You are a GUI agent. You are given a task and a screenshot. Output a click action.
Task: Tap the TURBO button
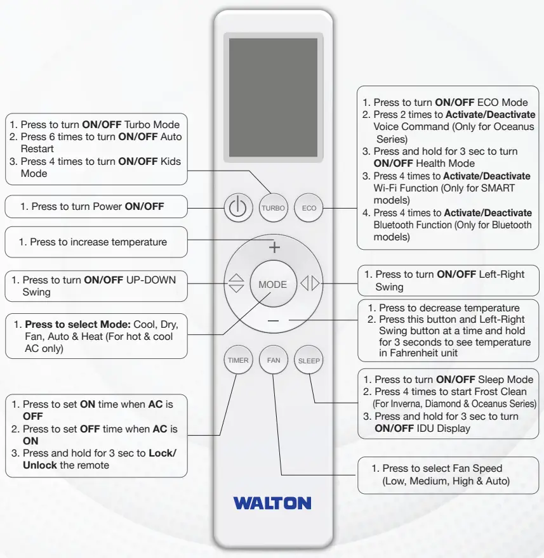point(273,208)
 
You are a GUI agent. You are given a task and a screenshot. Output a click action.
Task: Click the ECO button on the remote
point(309,208)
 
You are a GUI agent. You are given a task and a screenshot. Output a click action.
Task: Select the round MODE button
point(273,285)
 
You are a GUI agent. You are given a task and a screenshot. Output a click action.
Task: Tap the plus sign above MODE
point(273,247)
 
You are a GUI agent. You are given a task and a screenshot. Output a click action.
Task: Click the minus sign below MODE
point(273,321)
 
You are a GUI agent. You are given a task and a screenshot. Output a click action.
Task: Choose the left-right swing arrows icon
point(310,285)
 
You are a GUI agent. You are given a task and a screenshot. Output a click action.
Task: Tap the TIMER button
point(238,360)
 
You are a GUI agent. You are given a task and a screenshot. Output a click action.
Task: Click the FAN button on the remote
point(274,360)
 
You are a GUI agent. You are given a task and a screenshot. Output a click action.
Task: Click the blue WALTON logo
point(272,503)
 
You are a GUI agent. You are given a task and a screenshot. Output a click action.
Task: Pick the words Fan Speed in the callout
point(477,468)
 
